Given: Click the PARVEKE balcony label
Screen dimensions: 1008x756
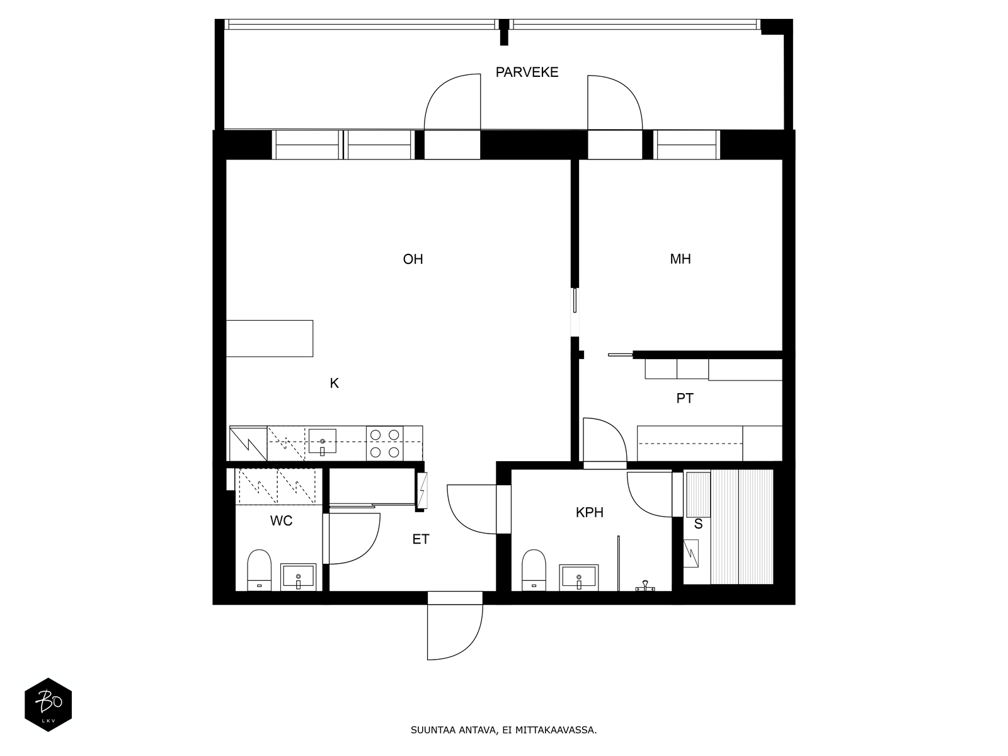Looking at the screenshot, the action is click(527, 72).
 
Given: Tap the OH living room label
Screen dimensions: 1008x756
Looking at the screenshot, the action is click(413, 260).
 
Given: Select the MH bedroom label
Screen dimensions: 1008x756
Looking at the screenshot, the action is click(680, 259).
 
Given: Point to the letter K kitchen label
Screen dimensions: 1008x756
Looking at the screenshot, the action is click(335, 383).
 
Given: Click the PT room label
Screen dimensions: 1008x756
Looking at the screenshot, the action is click(685, 398).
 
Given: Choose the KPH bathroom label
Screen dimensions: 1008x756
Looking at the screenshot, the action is click(590, 512).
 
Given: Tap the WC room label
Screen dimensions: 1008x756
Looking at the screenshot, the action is click(281, 520).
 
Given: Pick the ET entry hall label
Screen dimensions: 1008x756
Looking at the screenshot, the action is click(421, 539).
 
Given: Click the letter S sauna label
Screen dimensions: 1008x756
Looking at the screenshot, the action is click(698, 524).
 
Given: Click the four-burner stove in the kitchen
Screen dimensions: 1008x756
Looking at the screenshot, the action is click(385, 444).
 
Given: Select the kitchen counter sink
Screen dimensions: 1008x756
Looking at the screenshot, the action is click(323, 442).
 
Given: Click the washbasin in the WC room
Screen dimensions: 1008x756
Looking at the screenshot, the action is click(298, 576).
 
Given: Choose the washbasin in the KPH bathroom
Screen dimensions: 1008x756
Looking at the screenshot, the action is click(578, 578).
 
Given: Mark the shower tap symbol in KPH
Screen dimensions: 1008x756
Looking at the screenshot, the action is click(645, 585).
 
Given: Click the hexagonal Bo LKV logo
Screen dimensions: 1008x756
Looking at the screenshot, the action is click(49, 704).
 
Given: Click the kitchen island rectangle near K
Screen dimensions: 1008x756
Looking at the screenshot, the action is click(270, 338).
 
